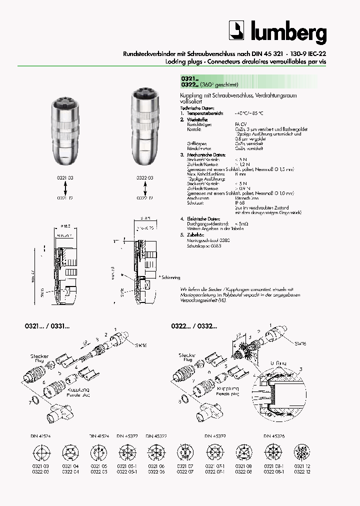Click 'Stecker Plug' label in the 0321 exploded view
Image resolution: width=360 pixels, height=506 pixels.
pos(39,358)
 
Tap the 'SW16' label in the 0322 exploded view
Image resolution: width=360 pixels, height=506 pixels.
pos(300,343)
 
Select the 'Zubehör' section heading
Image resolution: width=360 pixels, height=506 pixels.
pos(193,234)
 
